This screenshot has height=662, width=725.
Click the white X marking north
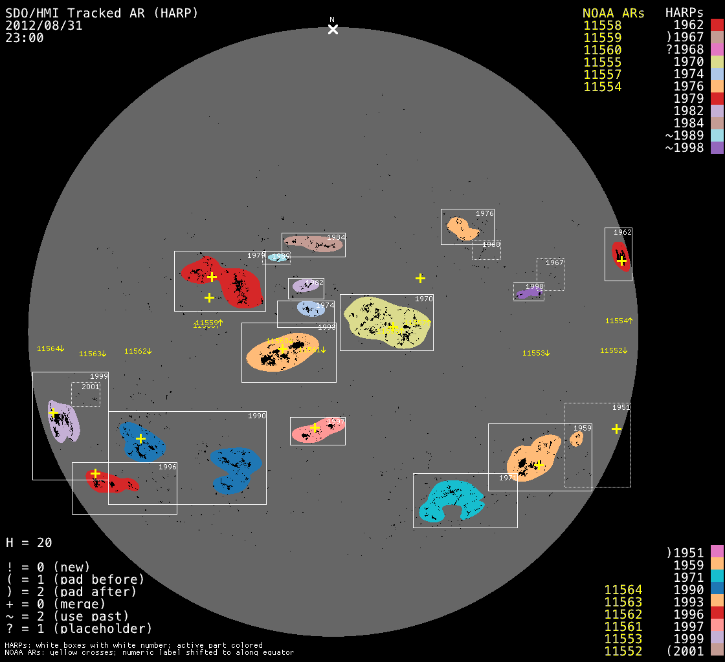pyautogui.click(x=333, y=29)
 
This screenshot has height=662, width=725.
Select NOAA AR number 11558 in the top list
pyautogui.click(x=602, y=26)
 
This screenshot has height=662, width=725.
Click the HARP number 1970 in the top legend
pyautogui.click(x=688, y=62)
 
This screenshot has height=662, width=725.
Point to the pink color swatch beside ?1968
pyautogui.click(x=717, y=50)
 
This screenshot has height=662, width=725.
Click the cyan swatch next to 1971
pyautogui.click(x=717, y=577)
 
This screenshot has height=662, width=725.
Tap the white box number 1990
pyautogui.click(x=257, y=416)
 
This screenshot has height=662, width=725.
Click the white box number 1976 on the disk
pyautogui.click(x=484, y=213)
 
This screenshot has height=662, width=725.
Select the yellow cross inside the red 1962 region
pyautogui.click(x=621, y=261)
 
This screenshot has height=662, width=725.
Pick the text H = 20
pyautogui.click(x=29, y=542)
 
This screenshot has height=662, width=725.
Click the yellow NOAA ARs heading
pyautogui.click(x=613, y=13)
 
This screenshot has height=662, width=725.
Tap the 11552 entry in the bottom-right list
pyautogui.click(x=623, y=651)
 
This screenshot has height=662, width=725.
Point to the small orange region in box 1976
pyautogui.click(x=463, y=229)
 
